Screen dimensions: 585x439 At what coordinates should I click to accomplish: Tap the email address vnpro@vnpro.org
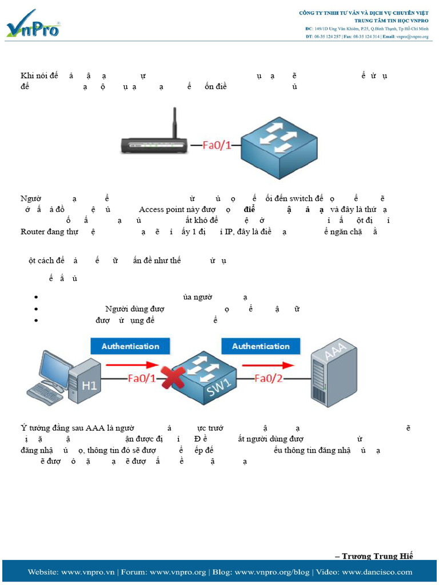(x=413, y=37)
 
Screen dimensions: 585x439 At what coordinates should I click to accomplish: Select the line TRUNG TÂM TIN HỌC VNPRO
(x=391, y=21)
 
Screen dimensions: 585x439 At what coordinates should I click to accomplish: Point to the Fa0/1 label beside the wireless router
(x=217, y=145)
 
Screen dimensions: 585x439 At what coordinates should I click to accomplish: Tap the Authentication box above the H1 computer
(x=130, y=346)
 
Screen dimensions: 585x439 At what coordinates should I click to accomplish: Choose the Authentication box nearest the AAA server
(x=261, y=346)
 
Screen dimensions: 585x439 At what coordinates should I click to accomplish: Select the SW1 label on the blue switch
(x=215, y=388)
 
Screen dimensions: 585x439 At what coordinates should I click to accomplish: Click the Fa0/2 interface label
(x=268, y=378)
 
